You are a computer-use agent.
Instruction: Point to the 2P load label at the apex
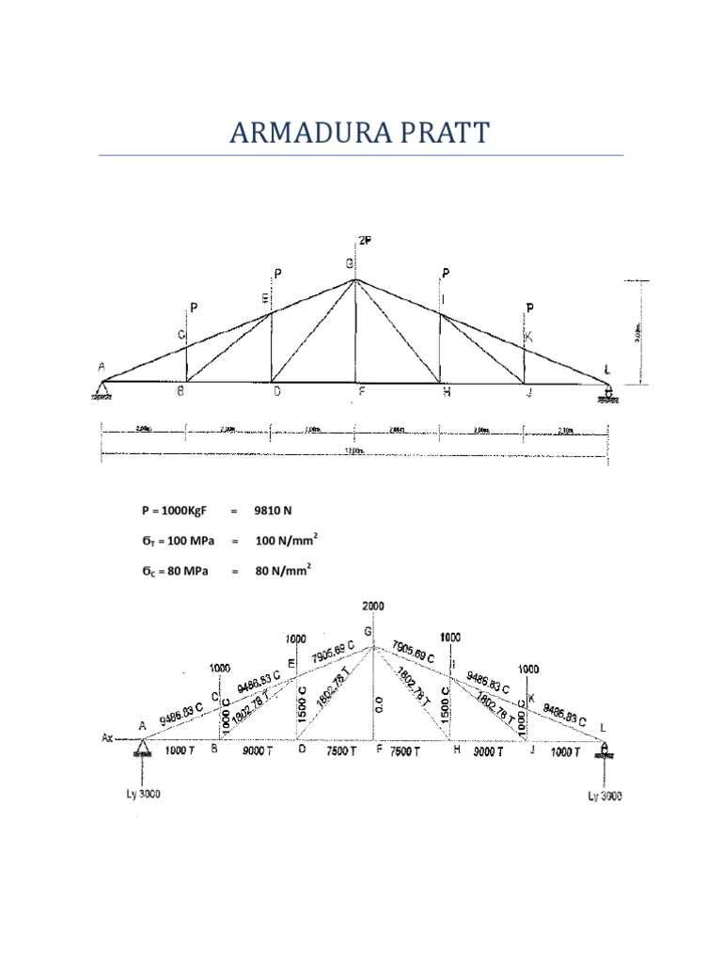click(364, 241)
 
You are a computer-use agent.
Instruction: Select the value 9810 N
click(273, 511)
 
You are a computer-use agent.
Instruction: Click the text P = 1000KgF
click(175, 511)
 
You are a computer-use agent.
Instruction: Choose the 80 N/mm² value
click(282, 569)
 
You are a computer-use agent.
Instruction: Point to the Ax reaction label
click(108, 738)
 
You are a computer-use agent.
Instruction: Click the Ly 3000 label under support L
click(605, 796)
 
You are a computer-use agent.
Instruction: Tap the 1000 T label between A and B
click(180, 751)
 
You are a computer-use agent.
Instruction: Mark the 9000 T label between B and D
click(259, 751)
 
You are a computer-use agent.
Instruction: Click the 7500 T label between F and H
click(412, 751)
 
